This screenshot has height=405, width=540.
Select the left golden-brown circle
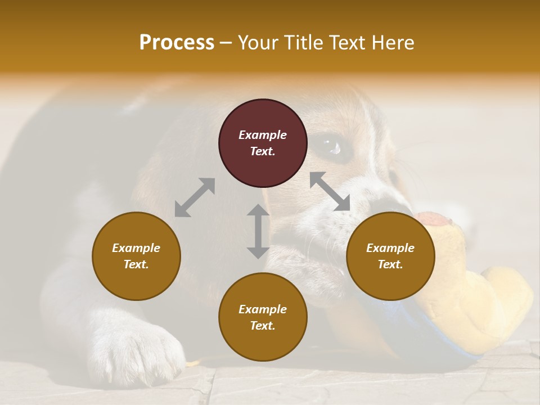136,256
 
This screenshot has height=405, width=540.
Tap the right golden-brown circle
390,256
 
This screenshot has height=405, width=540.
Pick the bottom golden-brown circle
263,317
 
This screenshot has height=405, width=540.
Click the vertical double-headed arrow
258,231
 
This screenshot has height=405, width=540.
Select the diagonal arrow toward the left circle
195,197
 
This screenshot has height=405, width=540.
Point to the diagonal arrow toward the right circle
330,192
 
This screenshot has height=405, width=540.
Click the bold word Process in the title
177,42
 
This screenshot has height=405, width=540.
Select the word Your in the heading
258,42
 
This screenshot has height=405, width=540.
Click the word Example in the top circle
263,135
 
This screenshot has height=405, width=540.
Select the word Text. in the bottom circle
263,326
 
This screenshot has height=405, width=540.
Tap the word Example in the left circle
136,248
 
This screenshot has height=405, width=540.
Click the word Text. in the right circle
390,264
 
